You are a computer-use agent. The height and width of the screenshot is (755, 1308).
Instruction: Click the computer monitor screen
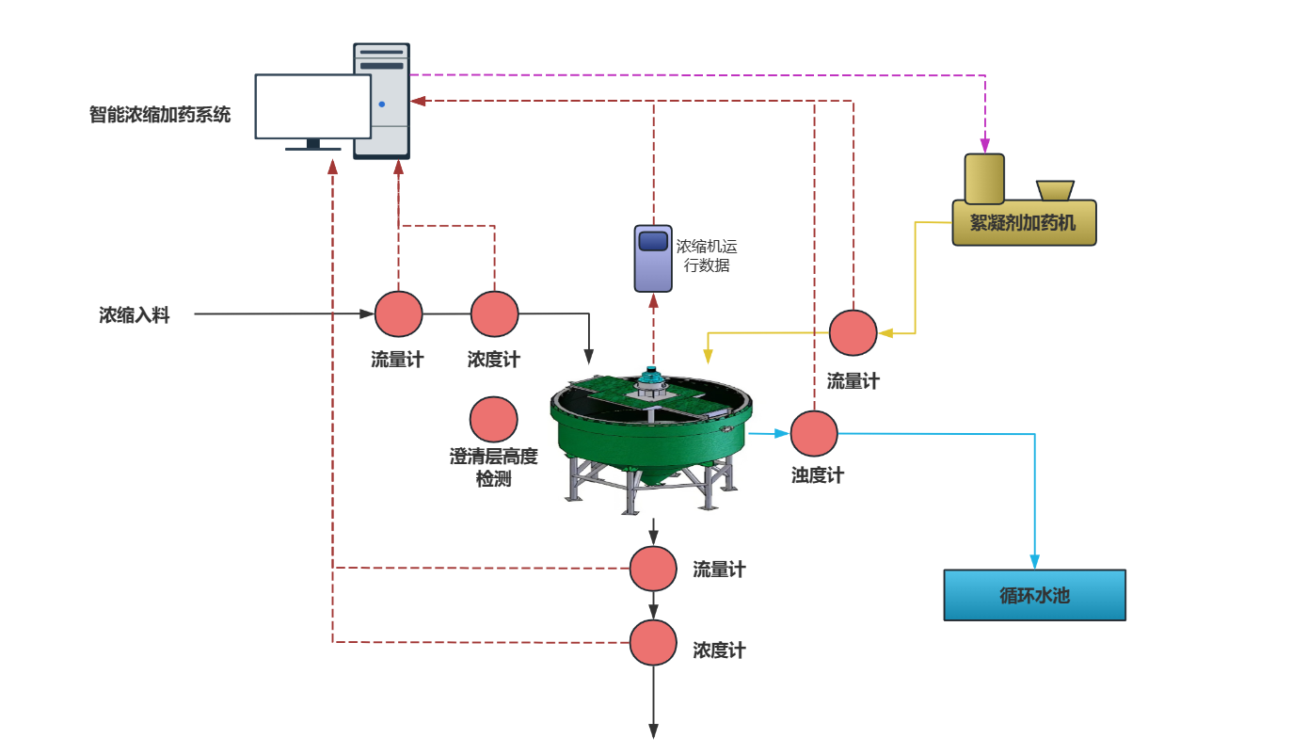313,106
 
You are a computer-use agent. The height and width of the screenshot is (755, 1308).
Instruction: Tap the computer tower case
381,100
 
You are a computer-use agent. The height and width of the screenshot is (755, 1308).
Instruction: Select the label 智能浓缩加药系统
160,115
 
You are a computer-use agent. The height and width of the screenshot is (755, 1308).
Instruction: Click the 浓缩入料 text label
135,315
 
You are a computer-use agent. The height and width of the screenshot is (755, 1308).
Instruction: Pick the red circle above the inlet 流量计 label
399,314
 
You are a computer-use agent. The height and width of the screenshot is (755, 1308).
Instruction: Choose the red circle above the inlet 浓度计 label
495,314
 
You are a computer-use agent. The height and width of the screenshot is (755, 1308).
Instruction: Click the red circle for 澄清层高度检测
494,420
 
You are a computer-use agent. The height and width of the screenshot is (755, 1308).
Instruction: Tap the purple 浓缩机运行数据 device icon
653,257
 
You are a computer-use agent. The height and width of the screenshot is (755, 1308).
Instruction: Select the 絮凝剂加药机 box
1024,222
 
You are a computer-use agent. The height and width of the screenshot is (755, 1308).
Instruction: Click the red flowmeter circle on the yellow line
853,332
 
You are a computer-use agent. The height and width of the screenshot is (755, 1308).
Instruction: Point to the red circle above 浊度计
814,434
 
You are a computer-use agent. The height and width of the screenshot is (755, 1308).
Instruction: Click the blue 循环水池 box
1034,595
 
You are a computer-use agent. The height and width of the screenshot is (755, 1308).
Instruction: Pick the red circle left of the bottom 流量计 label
653,569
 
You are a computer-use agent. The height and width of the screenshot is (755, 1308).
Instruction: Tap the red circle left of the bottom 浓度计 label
653,643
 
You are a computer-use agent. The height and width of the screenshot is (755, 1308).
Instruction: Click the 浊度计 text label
818,475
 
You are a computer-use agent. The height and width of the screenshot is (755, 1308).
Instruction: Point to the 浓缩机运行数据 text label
707,256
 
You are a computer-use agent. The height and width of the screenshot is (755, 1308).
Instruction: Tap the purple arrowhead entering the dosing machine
985,146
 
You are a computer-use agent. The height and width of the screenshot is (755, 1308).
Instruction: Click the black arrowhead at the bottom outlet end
653,731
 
